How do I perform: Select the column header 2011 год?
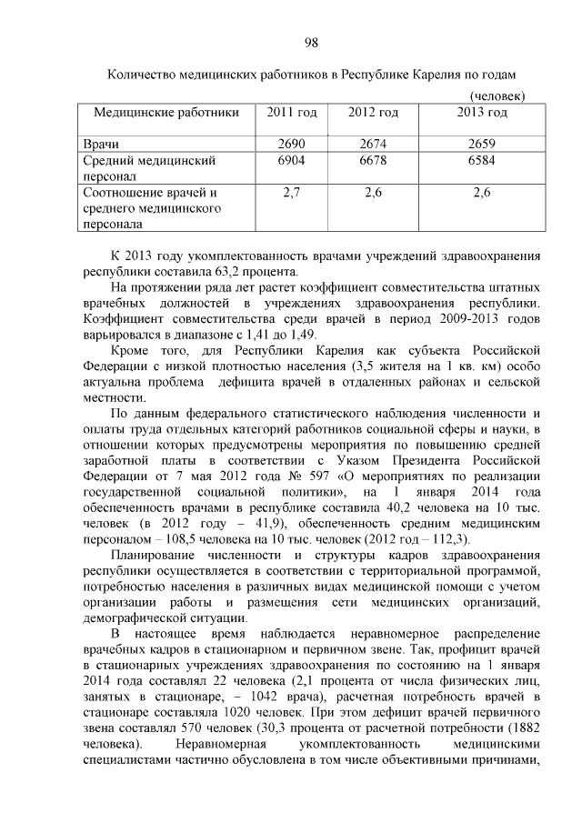(x=291, y=113)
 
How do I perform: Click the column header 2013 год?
(x=481, y=113)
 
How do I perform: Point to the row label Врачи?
(x=102, y=145)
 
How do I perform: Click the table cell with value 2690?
(x=291, y=145)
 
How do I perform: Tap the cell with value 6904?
(x=291, y=161)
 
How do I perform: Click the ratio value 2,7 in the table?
(x=291, y=193)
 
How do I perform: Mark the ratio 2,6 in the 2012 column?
(x=373, y=193)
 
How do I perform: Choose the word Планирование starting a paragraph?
(x=155, y=555)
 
